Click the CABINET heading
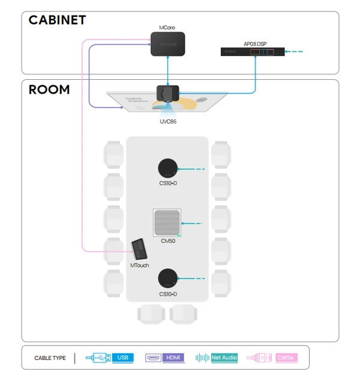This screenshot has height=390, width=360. (x=57, y=20)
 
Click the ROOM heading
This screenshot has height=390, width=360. (x=49, y=90)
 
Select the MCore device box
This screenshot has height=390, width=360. (x=168, y=44)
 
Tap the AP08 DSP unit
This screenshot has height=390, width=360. (x=253, y=52)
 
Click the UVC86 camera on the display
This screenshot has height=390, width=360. (x=168, y=94)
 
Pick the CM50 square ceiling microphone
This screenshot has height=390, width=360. (x=167, y=223)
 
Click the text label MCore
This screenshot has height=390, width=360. (x=167, y=28)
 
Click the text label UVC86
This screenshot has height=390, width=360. (x=168, y=121)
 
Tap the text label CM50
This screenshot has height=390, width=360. (x=168, y=241)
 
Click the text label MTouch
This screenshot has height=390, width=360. (x=139, y=265)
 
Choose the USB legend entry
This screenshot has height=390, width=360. (x=122, y=358)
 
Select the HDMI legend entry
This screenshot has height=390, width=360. (x=173, y=358)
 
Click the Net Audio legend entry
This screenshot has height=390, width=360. (x=224, y=358)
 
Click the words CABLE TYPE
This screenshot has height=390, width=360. (x=50, y=358)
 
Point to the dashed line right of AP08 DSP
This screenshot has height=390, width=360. (x=296, y=52)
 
